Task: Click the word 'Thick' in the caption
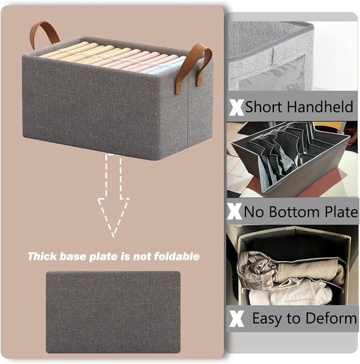tap(42, 256)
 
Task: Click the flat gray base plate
tap(113, 312)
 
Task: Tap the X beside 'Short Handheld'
tap(236, 108)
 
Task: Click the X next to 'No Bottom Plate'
tap(234, 211)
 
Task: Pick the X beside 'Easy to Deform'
tap(237, 319)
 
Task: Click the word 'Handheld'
tap(320, 107)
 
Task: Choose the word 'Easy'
tap(267, 319)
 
